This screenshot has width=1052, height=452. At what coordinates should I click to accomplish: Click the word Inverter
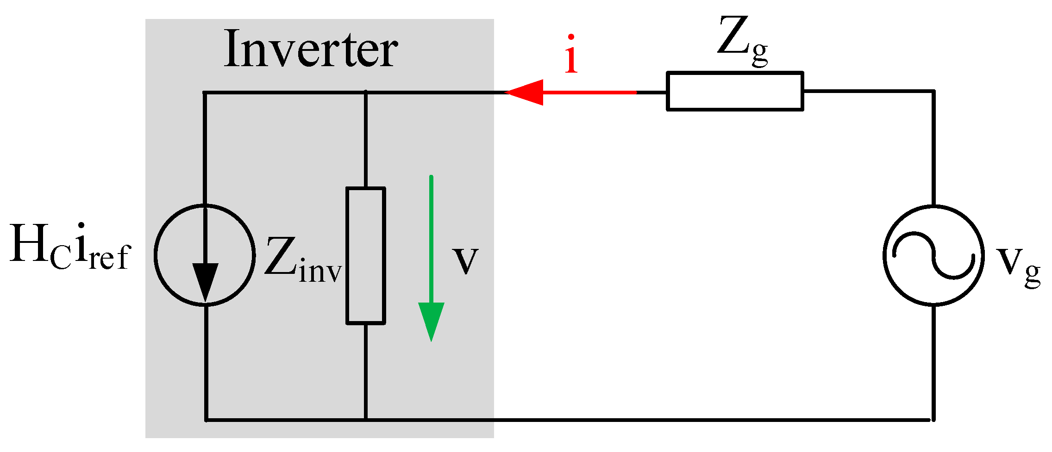(310, 50)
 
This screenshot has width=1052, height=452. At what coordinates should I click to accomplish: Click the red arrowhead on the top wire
(526, 92)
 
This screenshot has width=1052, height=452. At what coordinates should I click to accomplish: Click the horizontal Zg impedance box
(735, 91)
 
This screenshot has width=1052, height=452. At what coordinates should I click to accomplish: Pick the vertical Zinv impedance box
(366, 255)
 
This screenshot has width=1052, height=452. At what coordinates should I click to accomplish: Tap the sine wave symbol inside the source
(933, 255)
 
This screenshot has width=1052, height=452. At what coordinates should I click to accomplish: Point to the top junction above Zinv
(366, 93)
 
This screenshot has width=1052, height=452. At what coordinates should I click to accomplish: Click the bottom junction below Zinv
(366, 420)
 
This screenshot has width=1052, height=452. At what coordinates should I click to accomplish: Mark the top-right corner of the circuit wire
(933, 92)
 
